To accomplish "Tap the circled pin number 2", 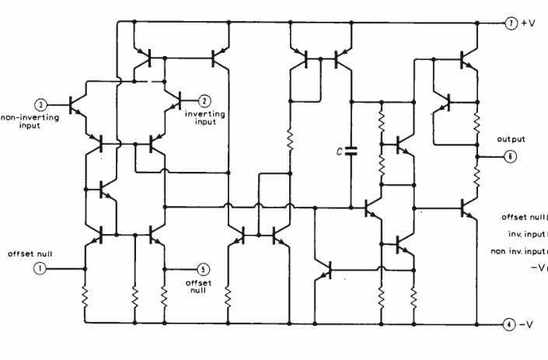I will pyautogui.click(x=204, y=100).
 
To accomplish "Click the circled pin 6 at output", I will pyautogui.click(x=508, y=156).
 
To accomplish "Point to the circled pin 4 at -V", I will pyautogui.click(x=508, y=323).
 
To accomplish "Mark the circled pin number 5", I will pyautogui.click(x=204, y=269).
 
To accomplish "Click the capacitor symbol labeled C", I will pyautogui.click(x=351, y=150).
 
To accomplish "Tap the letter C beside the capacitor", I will pyautogui.click(x=339, y=151).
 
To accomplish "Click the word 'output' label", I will pyautogui.click(x=511, y=139).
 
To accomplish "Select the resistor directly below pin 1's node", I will pyautogui.click(x=85, y=295).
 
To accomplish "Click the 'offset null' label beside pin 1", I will pyautogui.click(x=30, y=253).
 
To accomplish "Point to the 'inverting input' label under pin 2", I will pyautogui.click(x=205, y=117).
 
